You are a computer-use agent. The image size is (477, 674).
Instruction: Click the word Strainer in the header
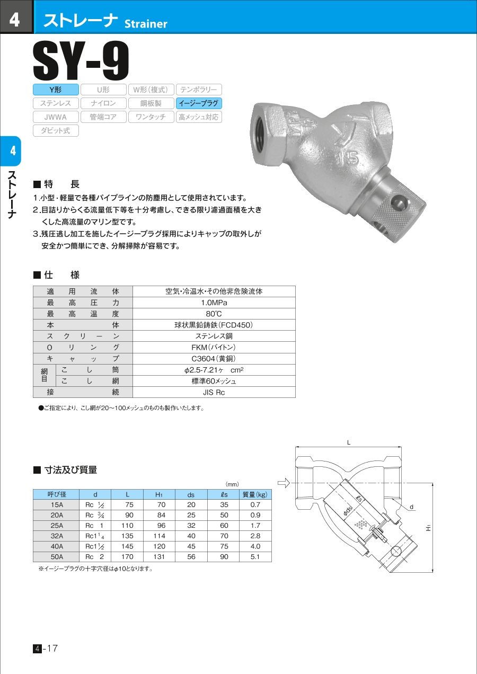146,24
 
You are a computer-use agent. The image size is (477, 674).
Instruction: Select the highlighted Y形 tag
56,90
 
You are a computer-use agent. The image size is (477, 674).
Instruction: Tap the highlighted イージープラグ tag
199,103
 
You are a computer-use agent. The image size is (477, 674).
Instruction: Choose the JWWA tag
56,117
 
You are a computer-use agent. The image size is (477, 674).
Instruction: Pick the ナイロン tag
103,103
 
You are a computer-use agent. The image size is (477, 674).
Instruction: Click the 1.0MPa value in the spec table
214,303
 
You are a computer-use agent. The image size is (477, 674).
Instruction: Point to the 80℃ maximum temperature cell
214,314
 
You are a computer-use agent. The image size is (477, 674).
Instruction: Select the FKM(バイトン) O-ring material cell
214,347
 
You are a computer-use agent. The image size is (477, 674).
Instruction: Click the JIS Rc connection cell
214,392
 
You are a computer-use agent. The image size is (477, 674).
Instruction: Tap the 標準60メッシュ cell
214,381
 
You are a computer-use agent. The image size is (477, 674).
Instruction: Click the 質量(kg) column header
255,495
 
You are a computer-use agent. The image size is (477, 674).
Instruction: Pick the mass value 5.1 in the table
255,557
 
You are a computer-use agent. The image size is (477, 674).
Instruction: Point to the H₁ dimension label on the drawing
429,528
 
